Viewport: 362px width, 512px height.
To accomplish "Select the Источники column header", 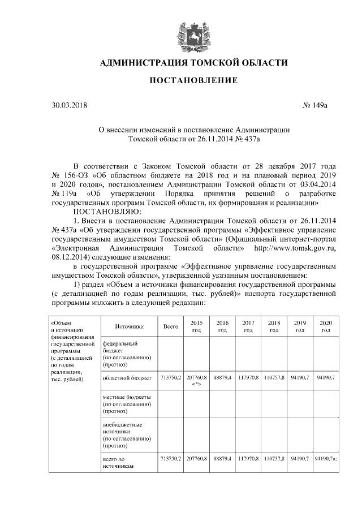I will pyautogui.click(x=128, y=326).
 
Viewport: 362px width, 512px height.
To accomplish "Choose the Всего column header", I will pyautogui.click(x=170, y=326).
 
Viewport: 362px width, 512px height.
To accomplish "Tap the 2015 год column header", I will pyautogui.click(x=196, y=326).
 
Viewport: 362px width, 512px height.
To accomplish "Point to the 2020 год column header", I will pyautogui.click(x=325, y=326).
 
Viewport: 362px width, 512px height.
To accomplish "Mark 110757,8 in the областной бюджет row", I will pyautogui.click(x=274, y=377).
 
